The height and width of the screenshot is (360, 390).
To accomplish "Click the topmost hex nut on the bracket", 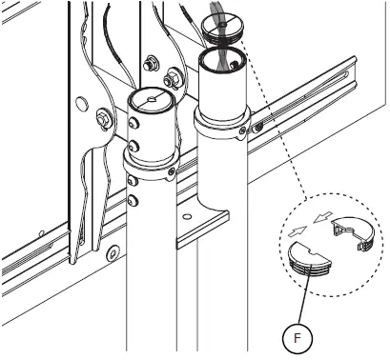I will (x=149, y=65).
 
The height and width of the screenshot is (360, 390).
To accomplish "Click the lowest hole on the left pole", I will (x=134, y=199).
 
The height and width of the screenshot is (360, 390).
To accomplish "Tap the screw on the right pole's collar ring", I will (x=244, y=129).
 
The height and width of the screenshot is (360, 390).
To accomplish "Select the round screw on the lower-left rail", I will (x=112, y=253).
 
